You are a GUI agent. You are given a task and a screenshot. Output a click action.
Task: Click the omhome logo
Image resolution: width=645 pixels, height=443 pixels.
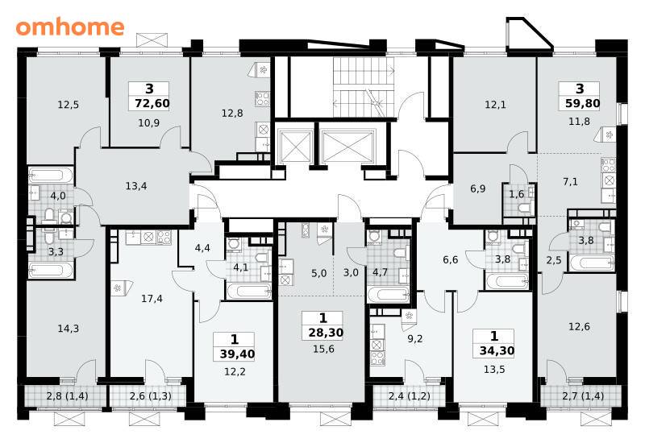tap(70, 27)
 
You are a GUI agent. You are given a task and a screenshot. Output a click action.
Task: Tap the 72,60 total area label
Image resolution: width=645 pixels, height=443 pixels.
tap(152, 103)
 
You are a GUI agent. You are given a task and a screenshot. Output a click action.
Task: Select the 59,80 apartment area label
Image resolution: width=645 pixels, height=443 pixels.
tap(582, 103)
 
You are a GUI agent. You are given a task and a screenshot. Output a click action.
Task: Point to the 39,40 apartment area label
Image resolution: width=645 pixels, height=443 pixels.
tap(237, 354)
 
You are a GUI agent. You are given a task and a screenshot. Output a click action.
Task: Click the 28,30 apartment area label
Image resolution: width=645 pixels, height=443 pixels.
tap(326, 333)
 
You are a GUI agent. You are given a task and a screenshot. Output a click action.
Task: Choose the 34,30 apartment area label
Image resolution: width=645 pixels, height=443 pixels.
tap(497, 350)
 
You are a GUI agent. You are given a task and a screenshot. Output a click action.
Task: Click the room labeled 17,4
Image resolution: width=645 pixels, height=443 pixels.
tap(152, 299)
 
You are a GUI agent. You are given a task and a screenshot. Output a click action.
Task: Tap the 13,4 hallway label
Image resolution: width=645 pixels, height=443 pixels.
tap(136, 186)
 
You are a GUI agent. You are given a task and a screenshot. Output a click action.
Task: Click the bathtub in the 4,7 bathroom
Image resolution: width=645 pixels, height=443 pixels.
tap(389, 295)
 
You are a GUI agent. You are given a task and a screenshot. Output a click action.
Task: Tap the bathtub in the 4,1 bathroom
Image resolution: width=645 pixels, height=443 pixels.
tap(248, 291)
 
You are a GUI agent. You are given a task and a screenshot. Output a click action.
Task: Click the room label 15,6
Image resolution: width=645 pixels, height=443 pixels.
tap(323, 350)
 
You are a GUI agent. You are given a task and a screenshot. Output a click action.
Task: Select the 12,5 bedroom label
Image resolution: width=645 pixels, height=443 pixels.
tap(68, 105)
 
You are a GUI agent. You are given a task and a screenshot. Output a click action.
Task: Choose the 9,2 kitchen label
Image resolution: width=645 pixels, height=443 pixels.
tap(414, 339)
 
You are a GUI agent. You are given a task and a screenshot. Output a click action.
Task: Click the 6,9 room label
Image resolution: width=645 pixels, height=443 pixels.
tap(477, 189)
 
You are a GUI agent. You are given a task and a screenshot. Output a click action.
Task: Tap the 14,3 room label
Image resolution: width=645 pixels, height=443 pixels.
tap(69, 329)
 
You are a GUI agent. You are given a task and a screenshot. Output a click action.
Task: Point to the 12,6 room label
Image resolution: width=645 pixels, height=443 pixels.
tap(579, 327)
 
